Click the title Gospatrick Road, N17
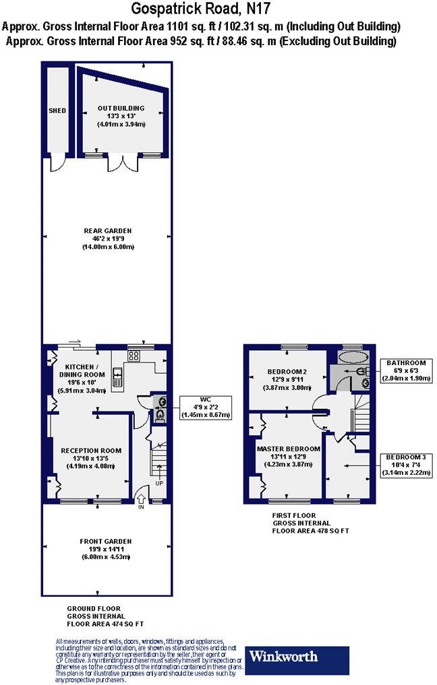(x=202, y=9)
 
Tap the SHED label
(x=57, y=110)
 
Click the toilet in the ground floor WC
(x=160, y=416)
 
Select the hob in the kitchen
(x=133, y=355)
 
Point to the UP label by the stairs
(x=159, y=484)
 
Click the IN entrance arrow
(x=141, y=501)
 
